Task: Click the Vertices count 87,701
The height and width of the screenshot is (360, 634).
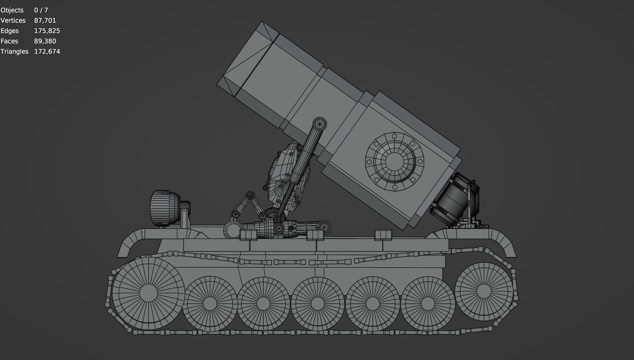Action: (45, 20)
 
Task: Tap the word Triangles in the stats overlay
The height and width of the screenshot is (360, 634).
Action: (14, 51)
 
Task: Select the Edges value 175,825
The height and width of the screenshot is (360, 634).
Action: (47, 31)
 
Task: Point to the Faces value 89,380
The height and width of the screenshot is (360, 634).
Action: (45, 41)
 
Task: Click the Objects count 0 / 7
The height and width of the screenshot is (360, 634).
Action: (41, 10)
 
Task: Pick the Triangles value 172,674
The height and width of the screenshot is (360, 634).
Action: (47, 51)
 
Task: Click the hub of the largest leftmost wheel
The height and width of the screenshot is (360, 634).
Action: (148, 293)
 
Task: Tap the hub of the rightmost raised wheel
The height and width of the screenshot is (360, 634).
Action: (484, 291)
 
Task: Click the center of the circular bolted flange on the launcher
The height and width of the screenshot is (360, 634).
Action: (394, 162)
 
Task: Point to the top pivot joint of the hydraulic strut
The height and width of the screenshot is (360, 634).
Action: (319, 124)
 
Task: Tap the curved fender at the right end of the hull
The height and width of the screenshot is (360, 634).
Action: (503, 243)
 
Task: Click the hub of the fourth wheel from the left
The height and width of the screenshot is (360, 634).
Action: (317, 304)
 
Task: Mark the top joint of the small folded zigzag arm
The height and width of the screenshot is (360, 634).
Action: (250, 196)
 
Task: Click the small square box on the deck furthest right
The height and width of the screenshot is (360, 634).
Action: (383, 235)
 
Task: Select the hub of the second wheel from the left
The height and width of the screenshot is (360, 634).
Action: (210, 304)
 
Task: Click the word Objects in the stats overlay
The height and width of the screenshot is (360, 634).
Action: (12, 10)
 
